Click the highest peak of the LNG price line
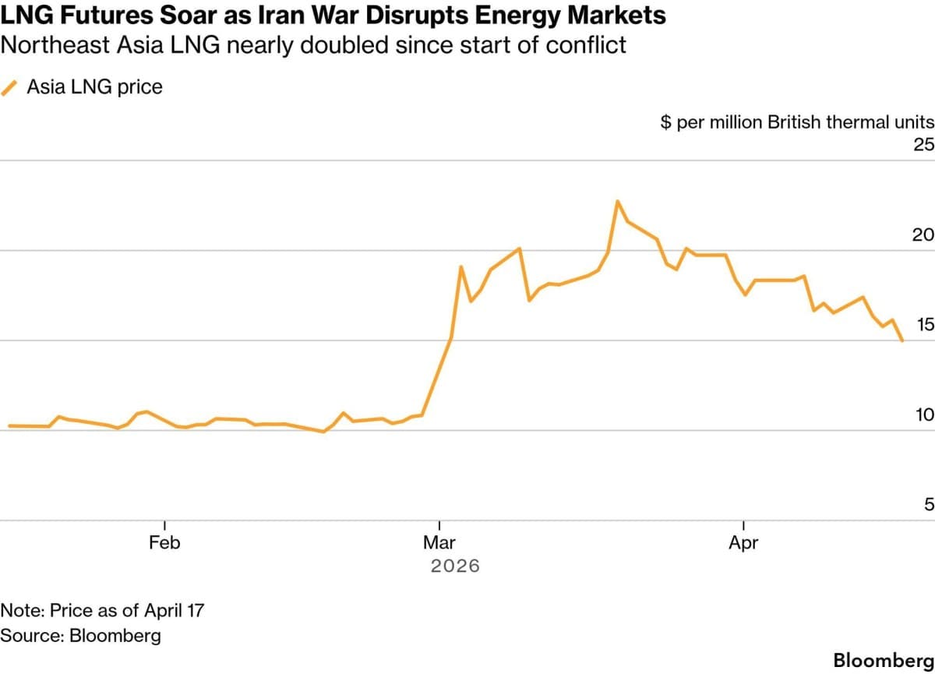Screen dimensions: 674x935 [617, 201]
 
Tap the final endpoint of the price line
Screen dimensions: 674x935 [902, 341]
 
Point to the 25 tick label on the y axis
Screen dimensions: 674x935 [923, 145]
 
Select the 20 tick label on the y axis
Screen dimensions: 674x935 [923, 235]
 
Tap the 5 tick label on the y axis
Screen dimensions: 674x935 [928, 505]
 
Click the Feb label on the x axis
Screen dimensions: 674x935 [164, 542]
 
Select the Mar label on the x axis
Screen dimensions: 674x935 [440, 542]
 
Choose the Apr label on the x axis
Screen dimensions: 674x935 [743, 542]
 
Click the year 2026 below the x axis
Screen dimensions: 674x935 [455, 566]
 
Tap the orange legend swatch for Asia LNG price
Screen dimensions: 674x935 [10, 87]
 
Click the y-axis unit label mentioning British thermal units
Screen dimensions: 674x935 [796, 122]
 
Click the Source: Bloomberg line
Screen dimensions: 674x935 [81, 635]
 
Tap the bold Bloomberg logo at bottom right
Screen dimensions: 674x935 [883, 660]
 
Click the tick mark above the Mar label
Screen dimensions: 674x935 [440, 525]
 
